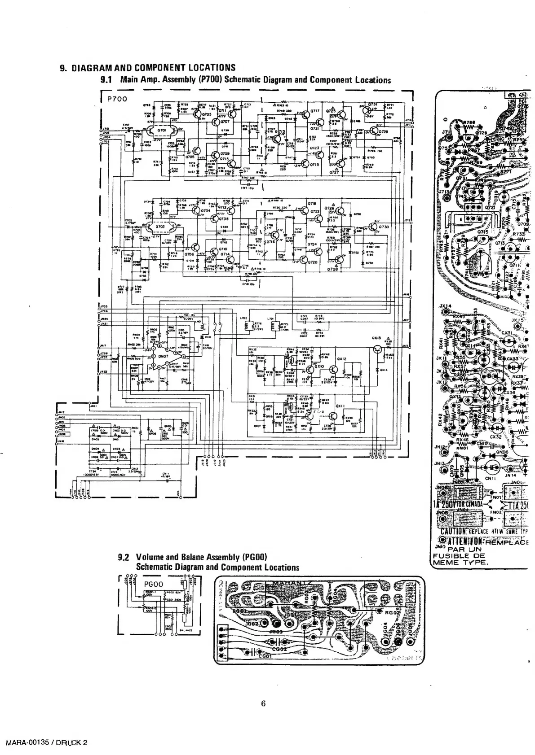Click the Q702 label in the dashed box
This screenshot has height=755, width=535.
coord(160,227)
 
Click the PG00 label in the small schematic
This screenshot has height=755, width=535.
coord(154,585)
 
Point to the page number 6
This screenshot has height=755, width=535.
coord(264,703)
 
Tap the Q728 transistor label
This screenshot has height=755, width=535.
coord(333,269)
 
